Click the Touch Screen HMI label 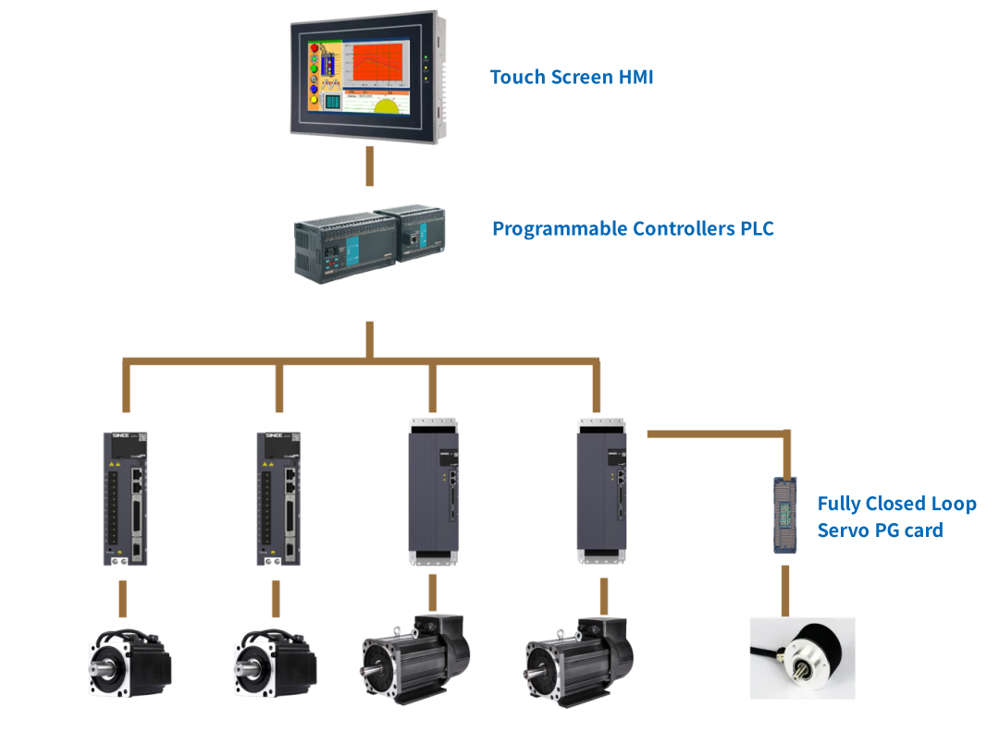click(572, 77)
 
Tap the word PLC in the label click(757, 228)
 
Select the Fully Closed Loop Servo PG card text click(895, 517)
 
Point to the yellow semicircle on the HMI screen click(388, 103)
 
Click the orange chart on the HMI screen click(375, 64)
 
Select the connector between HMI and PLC click(370, 166)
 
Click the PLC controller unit click(370, 243)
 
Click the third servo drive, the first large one click(431, 490)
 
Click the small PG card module click(785, 514)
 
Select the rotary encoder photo click(802, 658)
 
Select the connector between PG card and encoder click(785, 590)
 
